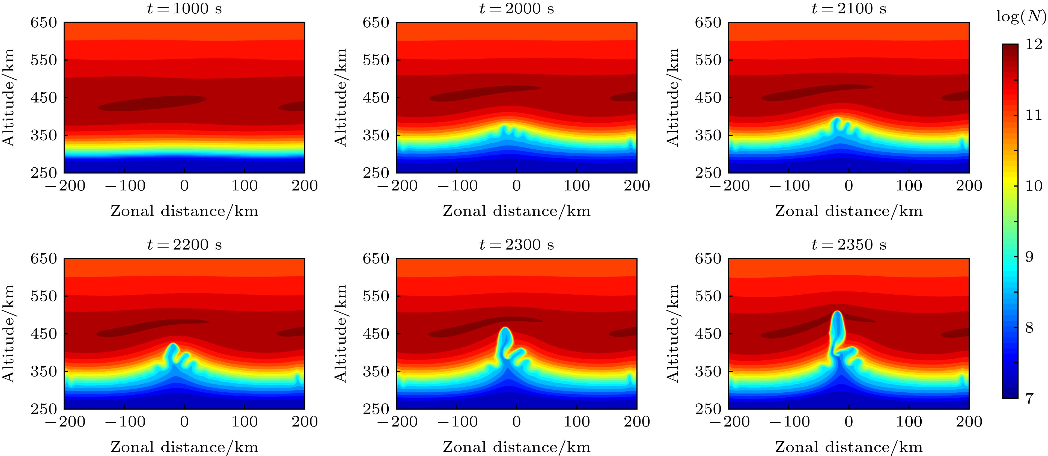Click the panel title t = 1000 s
(x=184, y=8)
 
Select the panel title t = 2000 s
(x=516, y=8)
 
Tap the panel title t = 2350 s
(x=849, y=245)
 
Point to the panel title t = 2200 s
(x=184, y=245)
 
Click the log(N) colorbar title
(x=1021, y=17)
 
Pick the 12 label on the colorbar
(x=1033, y=45)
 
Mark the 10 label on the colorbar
(x=1033, y=186)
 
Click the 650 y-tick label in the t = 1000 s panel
(x=44, y=22)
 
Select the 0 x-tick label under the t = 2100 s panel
(x=849, y=186)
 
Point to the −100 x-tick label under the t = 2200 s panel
(x=125, y=422)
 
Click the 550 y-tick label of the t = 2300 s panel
(x=376, y=296)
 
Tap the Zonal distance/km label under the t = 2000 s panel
(x=516, y=211)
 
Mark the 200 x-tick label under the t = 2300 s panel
(x=637, y=422)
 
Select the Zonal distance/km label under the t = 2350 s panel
(x=849, y=447)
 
